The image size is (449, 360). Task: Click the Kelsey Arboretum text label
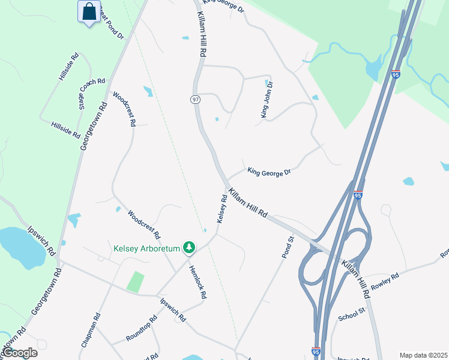(148, 248)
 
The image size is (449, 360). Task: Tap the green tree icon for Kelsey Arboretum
(190, 247)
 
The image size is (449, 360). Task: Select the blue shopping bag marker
(89, 11)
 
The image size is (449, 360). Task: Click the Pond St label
(288, 247)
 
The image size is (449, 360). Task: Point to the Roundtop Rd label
(142, 329)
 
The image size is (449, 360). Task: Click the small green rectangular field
(136, 281)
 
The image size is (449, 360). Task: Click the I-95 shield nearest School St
(316, 352)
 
